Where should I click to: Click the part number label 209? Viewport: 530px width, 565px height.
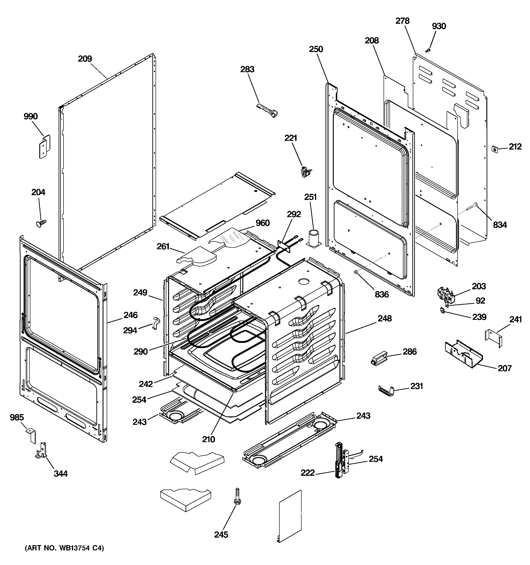point(85,59)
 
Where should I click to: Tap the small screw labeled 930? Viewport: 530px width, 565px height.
point(427,50)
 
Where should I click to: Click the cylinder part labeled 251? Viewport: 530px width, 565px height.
point(314,238)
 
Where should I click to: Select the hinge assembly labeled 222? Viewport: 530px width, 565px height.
point(339,460)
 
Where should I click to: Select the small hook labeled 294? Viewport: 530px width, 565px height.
point(156,323)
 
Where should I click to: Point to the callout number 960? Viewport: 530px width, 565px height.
point(262,223)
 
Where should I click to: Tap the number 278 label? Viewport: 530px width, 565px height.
point(403,21)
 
